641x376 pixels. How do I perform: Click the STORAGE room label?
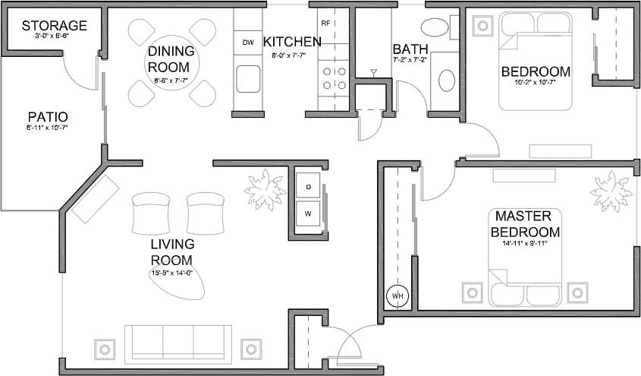point(53,26)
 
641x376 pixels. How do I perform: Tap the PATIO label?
point(48,117)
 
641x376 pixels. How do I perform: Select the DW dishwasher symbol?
point(248,43)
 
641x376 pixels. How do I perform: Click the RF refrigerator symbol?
point(326,23)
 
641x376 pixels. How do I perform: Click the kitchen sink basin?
point(248,78)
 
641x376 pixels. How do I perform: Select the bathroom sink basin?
point(447,80)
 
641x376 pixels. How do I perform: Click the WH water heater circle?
point(397,295)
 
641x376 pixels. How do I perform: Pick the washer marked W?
point(309,213)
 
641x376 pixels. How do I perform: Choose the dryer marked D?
point(309,186)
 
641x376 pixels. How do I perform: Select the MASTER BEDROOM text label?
point(525,224)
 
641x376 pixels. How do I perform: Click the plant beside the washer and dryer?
point(264,188)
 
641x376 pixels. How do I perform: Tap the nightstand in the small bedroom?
point(482,26)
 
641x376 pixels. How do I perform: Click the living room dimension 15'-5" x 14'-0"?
point(172,273)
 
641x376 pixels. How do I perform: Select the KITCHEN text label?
point(292,42)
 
